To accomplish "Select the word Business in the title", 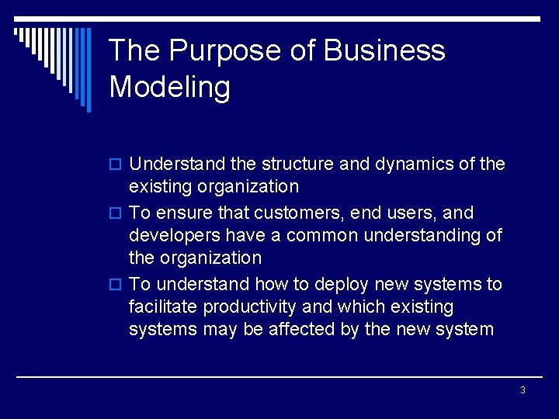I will [384, 51].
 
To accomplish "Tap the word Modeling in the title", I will [170, 87].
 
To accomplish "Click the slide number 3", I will [523, 390].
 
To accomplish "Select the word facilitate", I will [163, 306].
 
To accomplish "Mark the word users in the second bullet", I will [421, 213].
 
